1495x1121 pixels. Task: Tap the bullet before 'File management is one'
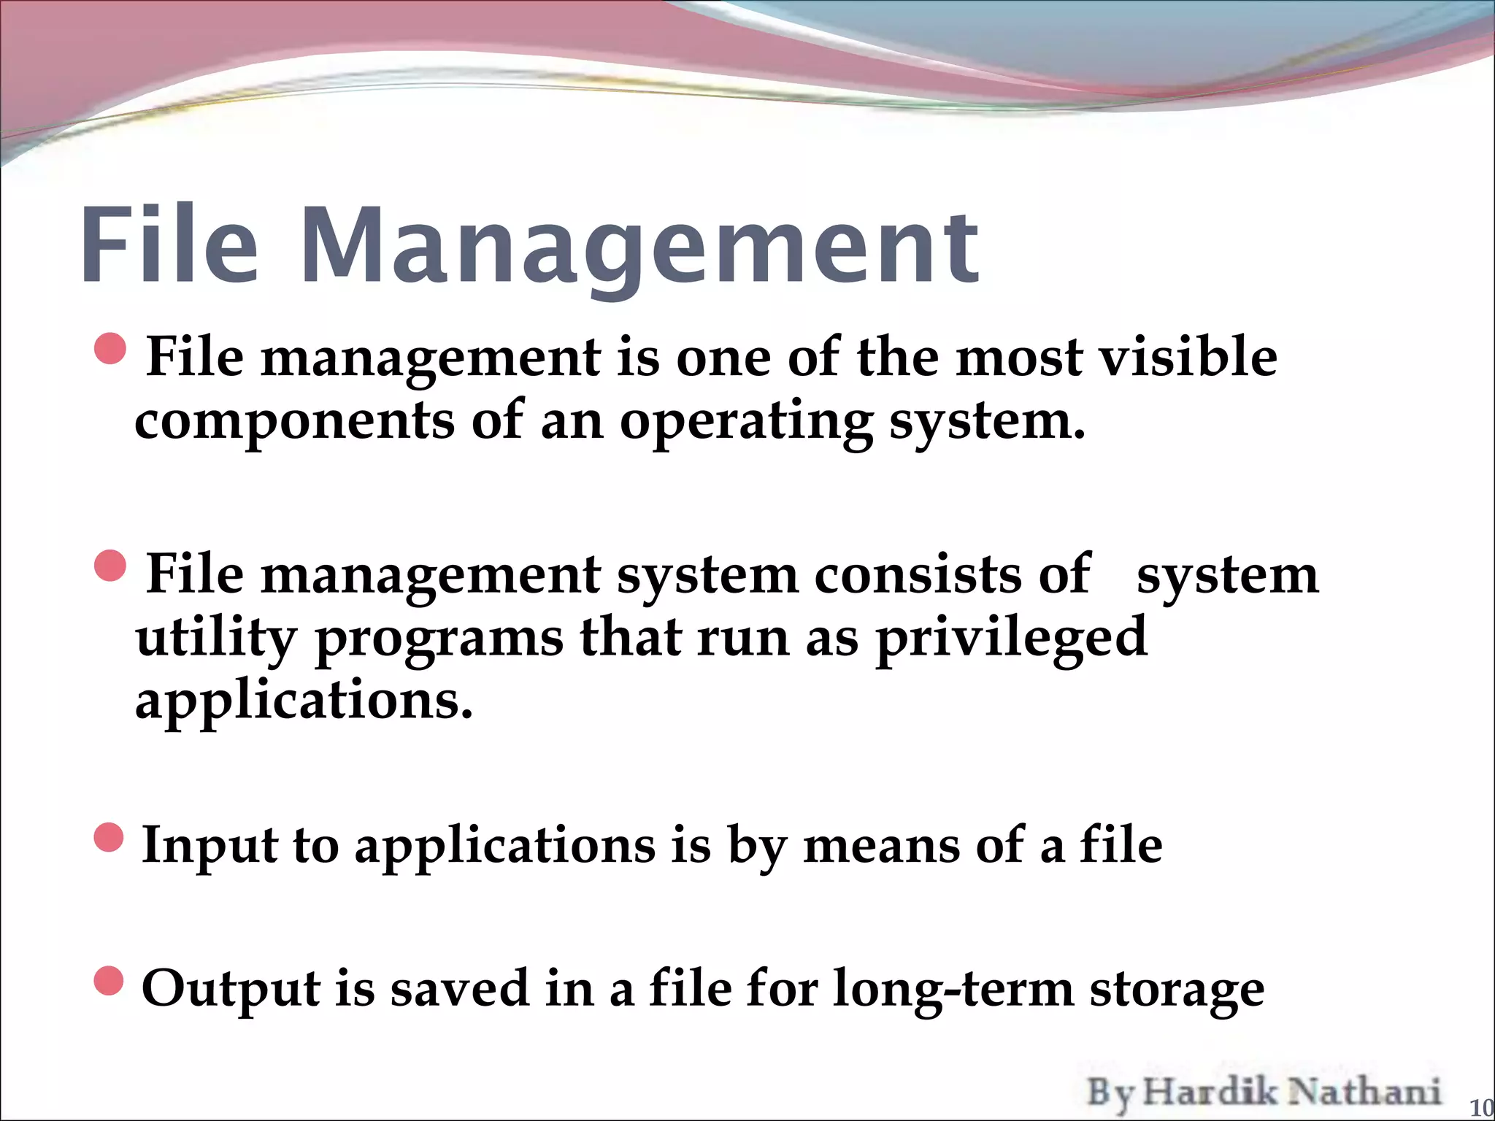[x=111, y=349]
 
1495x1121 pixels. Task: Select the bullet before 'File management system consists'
[x=111, y=566]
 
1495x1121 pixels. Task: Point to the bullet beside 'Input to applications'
[x=110, y=837]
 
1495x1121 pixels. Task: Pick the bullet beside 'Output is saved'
[x=110, y=981]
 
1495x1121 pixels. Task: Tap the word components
[x=294, y=422]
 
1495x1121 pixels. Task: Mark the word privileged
[x=1011, y=638]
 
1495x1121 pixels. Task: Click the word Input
[x=209, y=846]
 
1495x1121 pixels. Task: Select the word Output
[x=231, y=989]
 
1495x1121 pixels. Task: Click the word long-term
[x=953, y=990]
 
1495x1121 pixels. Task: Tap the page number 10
[x=1480, y=1108]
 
